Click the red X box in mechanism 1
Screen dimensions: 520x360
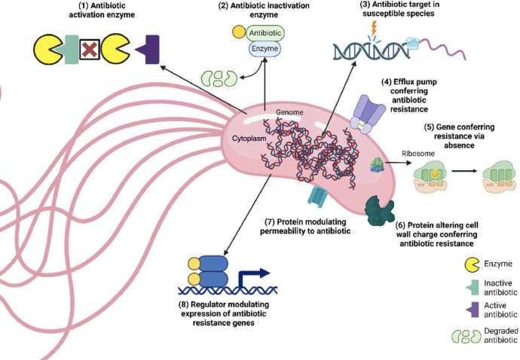click(90, 50)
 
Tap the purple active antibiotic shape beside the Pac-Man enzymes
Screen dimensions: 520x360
click(150, 50)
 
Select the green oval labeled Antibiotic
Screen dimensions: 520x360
click(265, 33)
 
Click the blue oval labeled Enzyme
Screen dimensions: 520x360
click(265, 49)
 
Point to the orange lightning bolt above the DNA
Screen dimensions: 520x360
click(374, 29)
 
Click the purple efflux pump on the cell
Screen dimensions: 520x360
click(366, 114)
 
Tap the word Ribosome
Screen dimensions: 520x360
click(418, 154)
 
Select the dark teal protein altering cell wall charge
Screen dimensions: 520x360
click(380, 210)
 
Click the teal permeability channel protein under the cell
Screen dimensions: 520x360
click(317, 197)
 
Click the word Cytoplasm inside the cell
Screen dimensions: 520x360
click(249, 139)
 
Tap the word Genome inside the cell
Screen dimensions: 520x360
click(289, 112)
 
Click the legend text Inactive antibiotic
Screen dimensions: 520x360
click(500, 288)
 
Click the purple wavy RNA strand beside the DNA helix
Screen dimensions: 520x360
click(442, 48)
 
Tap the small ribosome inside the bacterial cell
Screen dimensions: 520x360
click(376, 165)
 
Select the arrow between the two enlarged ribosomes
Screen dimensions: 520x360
click(465, 171)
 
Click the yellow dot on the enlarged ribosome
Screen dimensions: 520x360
click(435, 173)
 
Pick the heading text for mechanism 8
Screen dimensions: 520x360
click(224, 313)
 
